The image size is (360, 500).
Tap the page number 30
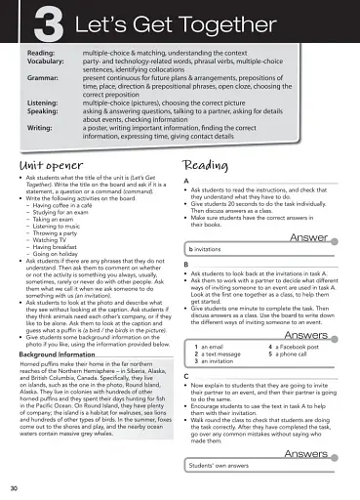[x=13, y=485]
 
